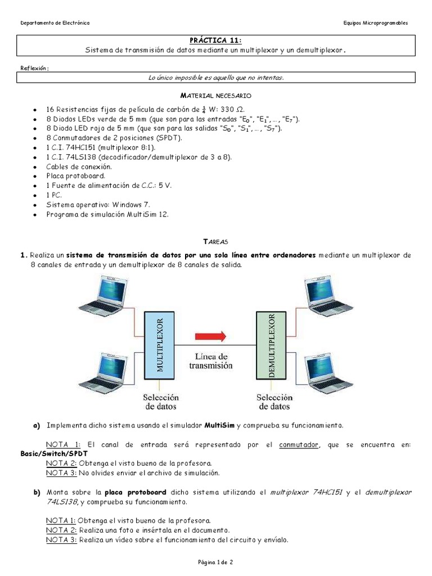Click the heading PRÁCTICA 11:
click(x=215, y=40)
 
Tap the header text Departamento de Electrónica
click(x=55, y=23)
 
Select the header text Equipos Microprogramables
click(x=375, y=23)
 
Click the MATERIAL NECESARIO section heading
click(x=215, y=96)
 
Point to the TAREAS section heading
click(x=215, y=241)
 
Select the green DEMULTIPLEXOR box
click(x=271, y=344)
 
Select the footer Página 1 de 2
click(x=215, y=562)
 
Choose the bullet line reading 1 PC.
click(x=55, y=195)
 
